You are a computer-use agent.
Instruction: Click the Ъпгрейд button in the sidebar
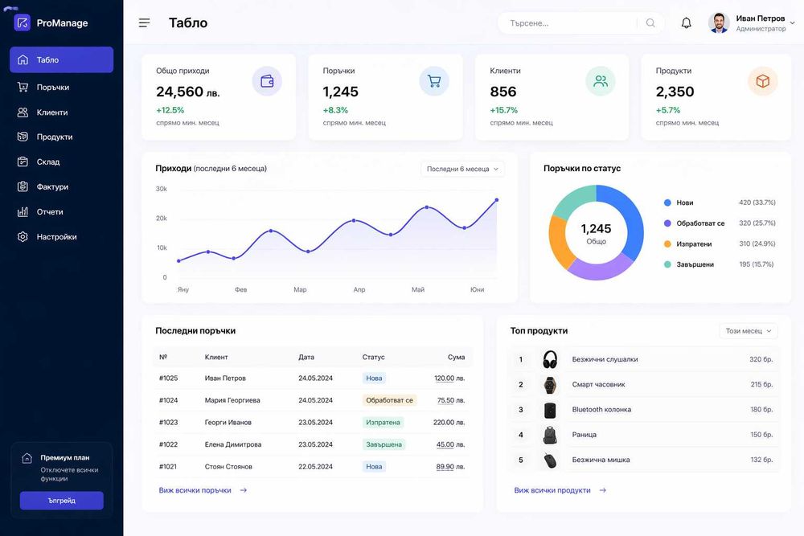[x=62, y=501]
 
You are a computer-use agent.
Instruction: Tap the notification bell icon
[x=686, y=23]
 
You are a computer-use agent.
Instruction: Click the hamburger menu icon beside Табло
[x=144, y=23]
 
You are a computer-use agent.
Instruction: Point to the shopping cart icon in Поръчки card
[x=434, y=81]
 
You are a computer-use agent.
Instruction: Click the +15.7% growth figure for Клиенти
[x=503, y=110]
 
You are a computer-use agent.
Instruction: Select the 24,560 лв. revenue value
[x=187, y=92]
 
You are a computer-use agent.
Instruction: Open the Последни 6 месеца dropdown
[x=462, y=169]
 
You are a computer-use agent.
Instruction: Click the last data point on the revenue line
[x=496, y=200]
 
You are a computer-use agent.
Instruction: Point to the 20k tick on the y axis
[x=162, y=219]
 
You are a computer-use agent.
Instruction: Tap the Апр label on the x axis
[x=359, y=289]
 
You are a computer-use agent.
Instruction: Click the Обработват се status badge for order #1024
[x=389, y=400]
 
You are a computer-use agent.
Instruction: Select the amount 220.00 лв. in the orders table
[x=449, y=422]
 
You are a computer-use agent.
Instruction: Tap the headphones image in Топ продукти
[x=550, y=359]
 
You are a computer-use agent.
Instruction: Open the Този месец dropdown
[x=748, y=331]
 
